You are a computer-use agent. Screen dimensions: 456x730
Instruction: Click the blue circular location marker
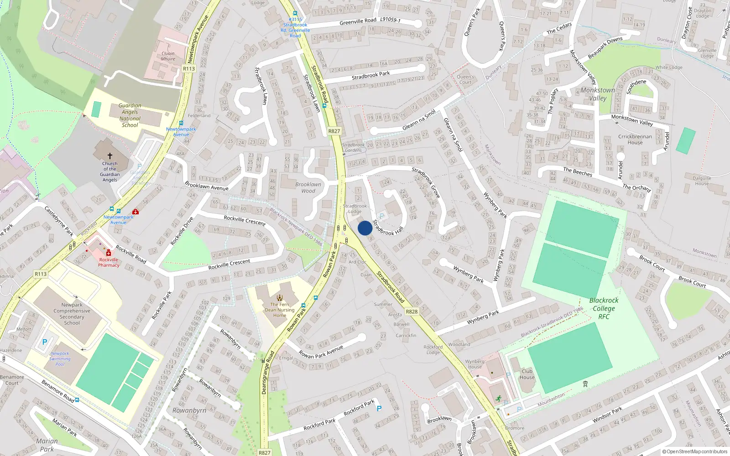click(x=365, y=228)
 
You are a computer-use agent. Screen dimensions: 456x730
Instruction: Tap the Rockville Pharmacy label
click(x=109, y=262)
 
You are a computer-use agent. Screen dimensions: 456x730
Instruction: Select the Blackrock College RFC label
click(x=604, y=308)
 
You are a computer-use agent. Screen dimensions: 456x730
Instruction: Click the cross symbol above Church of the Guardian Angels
click(x=110, y=156)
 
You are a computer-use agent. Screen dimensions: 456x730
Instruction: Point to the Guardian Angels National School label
click(x=130, y=115)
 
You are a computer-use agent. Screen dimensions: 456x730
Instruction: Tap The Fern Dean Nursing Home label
click(x=280, y=310)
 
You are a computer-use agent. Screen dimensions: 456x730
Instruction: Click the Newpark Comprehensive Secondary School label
click(x=72, y=314)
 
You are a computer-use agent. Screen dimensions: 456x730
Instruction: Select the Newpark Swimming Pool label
click(x=60, y=359)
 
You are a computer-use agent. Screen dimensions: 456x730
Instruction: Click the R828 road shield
click(x=412, y=311)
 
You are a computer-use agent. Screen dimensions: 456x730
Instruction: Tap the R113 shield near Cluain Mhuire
click(x=189, y=69)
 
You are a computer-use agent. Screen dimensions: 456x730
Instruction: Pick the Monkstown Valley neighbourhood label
click(x=598, y=94)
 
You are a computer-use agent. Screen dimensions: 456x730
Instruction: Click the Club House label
click(x=527, y=374)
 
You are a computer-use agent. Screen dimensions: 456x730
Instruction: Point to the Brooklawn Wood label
click(x=308, y=187)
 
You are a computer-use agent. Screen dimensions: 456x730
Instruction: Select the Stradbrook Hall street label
click(x=388, y=228)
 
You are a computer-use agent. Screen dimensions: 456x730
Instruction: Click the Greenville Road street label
click(x=358, y=21)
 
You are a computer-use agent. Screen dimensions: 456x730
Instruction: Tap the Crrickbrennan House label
click(x=635, y=139)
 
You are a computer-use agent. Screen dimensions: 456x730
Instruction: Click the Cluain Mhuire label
click(x=168, y=56)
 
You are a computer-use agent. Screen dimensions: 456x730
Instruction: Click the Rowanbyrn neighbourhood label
click(x=189, y=410)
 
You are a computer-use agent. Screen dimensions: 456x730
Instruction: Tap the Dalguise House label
click(x=702, y=181)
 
